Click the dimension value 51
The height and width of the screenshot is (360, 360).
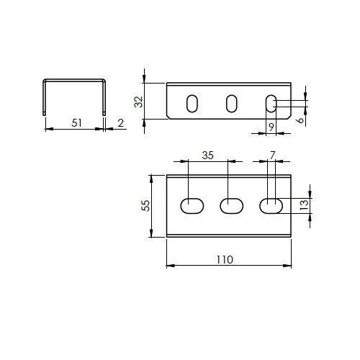click(77, 123)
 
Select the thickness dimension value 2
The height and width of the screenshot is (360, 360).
click(121, 123)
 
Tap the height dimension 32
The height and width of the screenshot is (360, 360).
click(139, 102)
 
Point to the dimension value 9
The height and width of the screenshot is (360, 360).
click(271, 127)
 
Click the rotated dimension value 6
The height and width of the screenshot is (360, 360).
click(300, 120)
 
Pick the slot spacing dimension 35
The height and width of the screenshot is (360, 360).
click(207, 156)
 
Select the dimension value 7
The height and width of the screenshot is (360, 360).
click(272, 156)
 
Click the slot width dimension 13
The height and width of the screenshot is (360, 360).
click(304, 204)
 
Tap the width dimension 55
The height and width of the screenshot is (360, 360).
click(145, 206)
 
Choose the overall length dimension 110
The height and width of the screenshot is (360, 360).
click(225, 260)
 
